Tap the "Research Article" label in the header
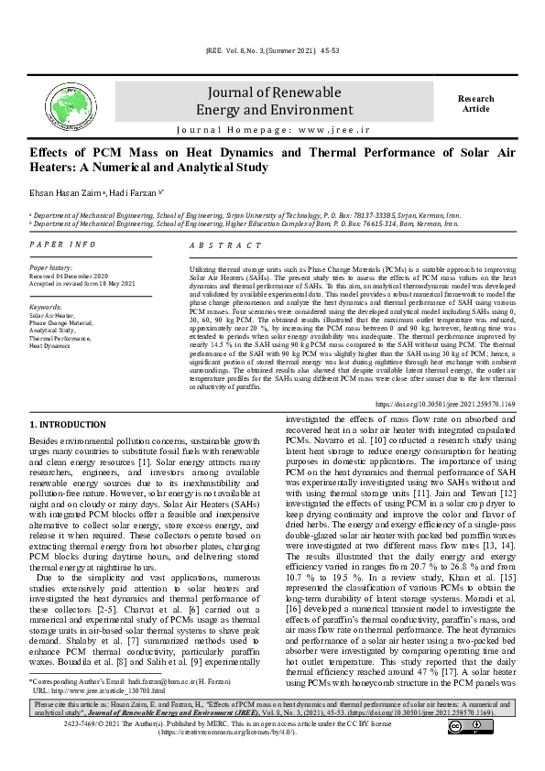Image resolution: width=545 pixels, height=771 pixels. click(x=475, y=103)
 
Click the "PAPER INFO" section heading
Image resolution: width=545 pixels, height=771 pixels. click(x=63, y=244)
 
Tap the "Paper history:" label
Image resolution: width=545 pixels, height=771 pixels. click(x=51, y=267)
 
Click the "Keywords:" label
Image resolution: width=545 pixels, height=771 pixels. click(x=46, y=307)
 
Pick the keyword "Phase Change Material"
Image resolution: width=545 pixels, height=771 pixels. click(x=61, y=322)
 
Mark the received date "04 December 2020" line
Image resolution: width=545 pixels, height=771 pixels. click(x=69, y=275)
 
